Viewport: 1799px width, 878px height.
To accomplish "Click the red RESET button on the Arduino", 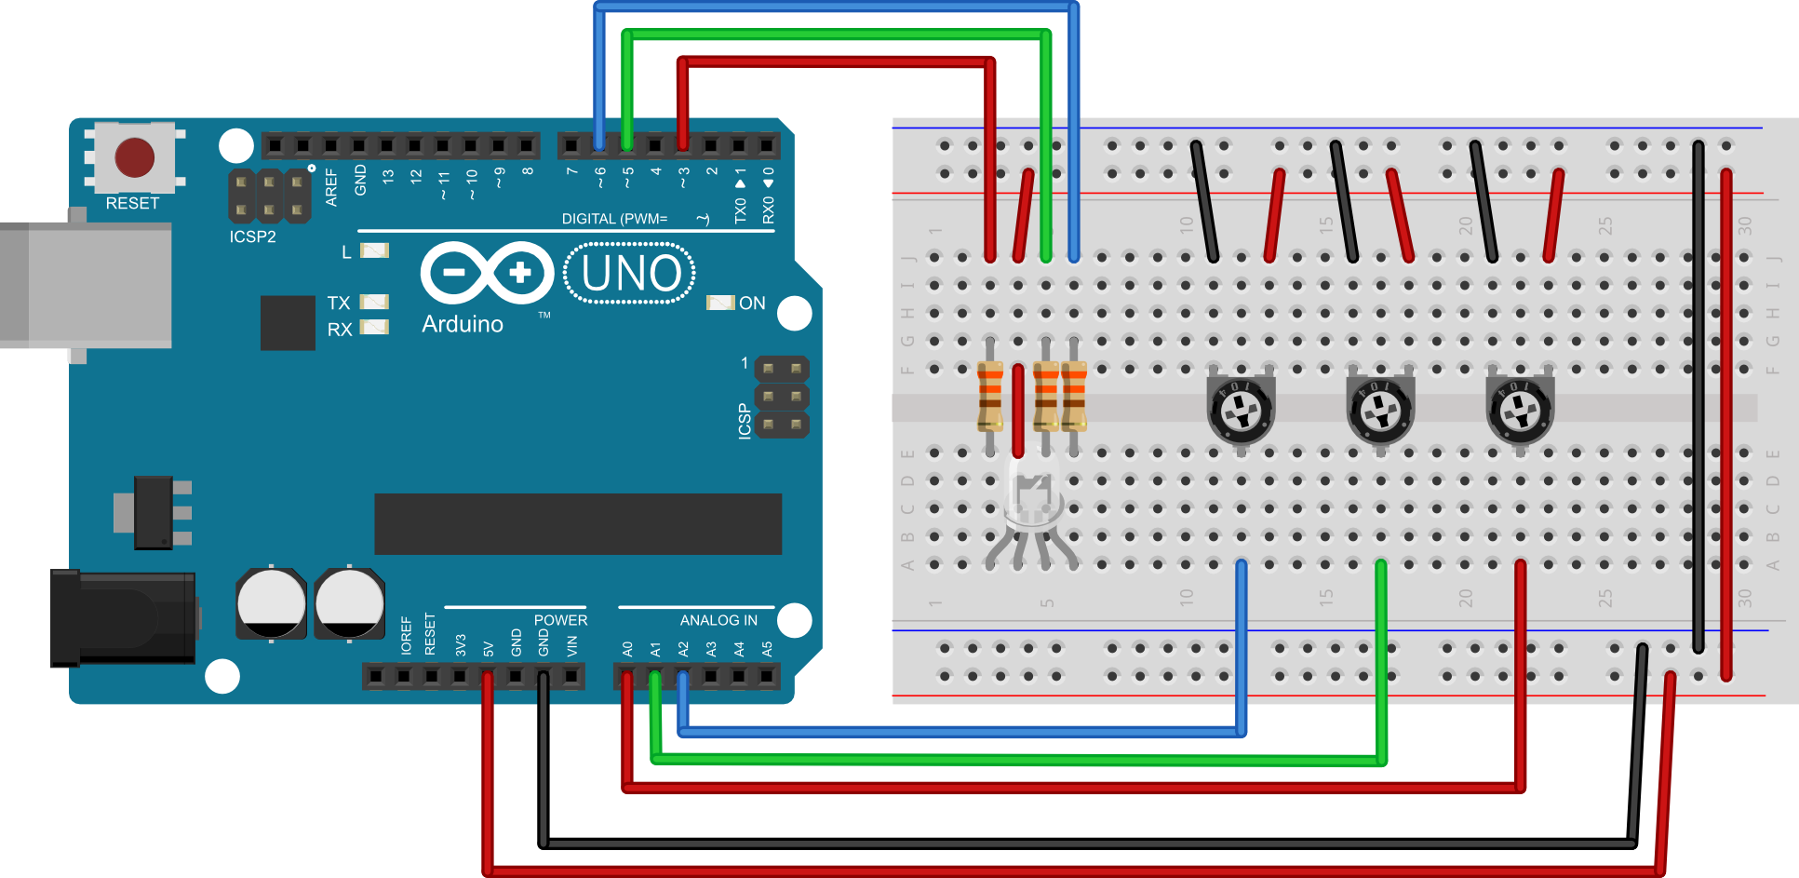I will point(134,157).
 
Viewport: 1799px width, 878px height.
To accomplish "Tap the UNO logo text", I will point(631,274).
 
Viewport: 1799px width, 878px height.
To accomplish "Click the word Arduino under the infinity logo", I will point(463,324).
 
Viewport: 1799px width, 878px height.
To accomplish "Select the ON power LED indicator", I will point(721,303).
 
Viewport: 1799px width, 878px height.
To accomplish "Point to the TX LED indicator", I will point(374,302).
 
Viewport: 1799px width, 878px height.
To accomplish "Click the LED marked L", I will point(374,250).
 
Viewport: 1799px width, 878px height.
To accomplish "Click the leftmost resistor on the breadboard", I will point(990,396).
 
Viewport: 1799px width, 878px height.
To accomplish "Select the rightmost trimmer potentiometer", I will point(1520,410).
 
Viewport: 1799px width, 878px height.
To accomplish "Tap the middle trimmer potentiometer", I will point(1380,410).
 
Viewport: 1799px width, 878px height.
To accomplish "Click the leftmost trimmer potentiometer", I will point(1241,410).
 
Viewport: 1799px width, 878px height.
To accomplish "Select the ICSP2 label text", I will point(253,236).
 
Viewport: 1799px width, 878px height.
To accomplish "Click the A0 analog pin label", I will point(627,648).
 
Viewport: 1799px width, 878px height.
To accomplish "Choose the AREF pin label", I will point(331,186).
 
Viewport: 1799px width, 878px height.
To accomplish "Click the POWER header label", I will point(560,620).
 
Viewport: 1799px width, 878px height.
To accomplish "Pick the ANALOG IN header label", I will point(718,620).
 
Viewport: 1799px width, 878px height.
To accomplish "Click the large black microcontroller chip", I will point(578,523).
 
